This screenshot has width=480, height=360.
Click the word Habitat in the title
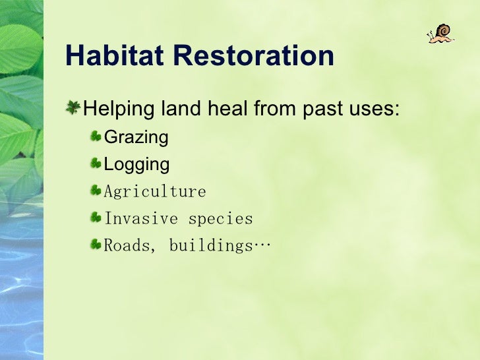[115, 55]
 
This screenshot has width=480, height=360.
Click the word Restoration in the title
[254, 55]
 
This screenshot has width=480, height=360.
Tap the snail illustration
[441, 34]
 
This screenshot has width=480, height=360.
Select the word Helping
[119, 109]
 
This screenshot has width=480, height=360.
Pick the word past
[322, 109]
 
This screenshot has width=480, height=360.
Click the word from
[274, 108]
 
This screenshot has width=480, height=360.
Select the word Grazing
[136, 137]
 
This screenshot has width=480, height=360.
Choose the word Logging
[136, 164]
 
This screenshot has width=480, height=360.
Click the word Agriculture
[155, 192]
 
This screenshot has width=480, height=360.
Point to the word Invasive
[141, 219]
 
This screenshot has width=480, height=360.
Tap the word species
[221, 219]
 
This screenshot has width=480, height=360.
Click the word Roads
[128, 245]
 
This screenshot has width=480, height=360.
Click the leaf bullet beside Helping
[73, 107]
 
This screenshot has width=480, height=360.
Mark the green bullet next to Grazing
[96, 136]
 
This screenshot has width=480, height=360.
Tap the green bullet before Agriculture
[96, 190]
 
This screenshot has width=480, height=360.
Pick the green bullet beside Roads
[96, 244]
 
